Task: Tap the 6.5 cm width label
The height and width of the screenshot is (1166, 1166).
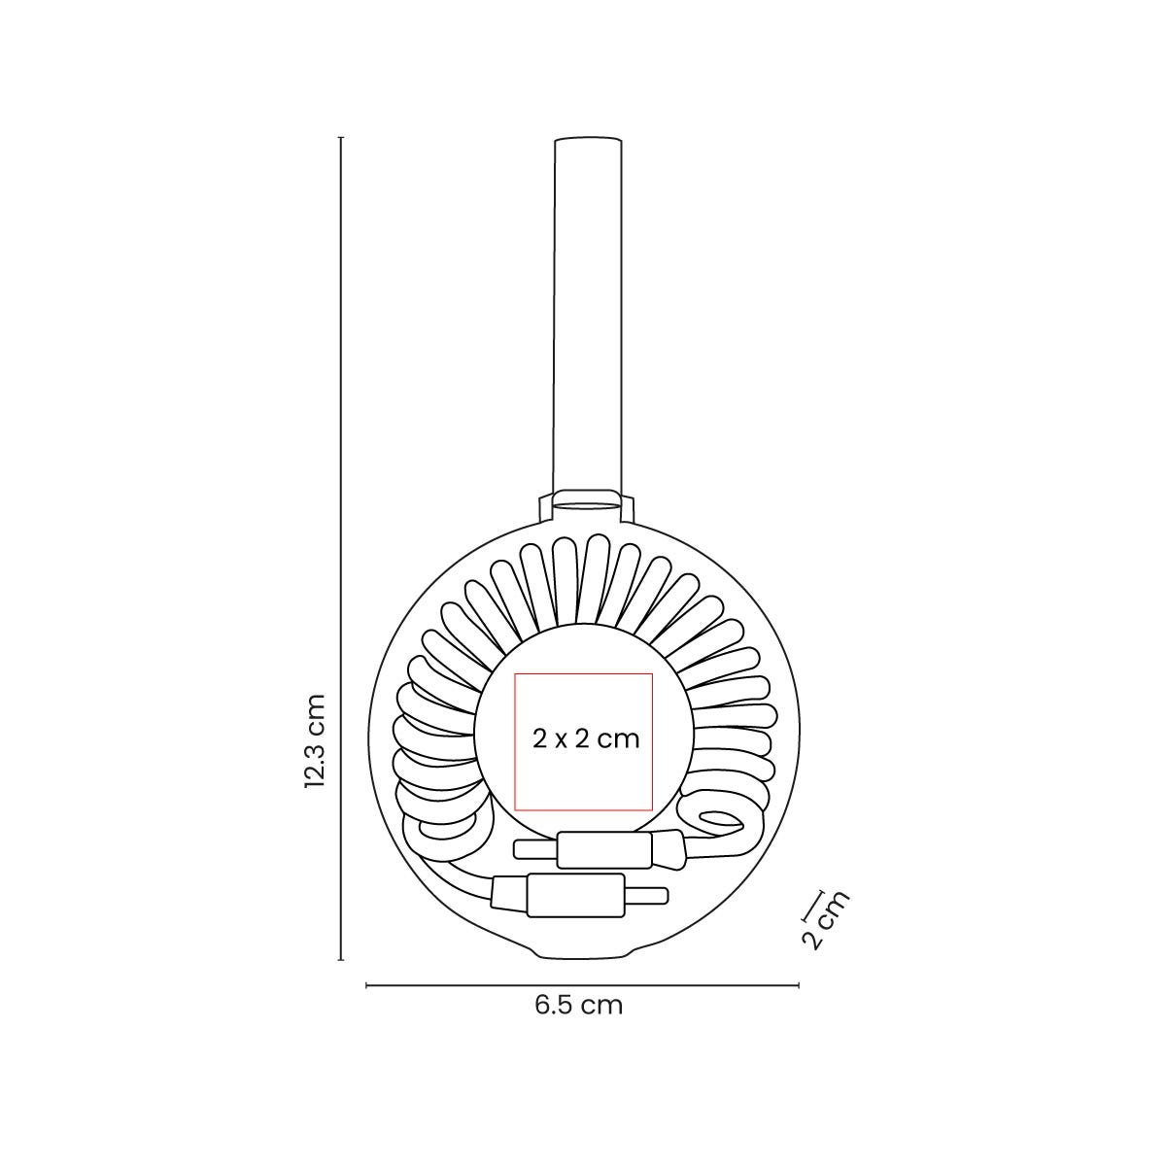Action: click(578, 1005)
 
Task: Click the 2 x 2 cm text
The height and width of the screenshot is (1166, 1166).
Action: click(586, 738)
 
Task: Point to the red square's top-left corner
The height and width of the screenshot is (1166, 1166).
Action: click(515, 672)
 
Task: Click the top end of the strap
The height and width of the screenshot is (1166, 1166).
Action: click(587, 142)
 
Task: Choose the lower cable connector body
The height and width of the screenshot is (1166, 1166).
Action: click(573, 894)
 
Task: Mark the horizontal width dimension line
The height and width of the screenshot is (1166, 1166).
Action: click(583, 985)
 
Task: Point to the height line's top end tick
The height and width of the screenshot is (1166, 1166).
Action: click(341, 138)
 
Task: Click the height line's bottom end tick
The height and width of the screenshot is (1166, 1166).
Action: click(341, 960)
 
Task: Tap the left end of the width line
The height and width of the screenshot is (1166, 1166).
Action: click(366, 985)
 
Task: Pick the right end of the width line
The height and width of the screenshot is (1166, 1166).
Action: click(799, 985)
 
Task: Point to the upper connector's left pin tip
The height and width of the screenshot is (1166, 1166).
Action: click(517, 850)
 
